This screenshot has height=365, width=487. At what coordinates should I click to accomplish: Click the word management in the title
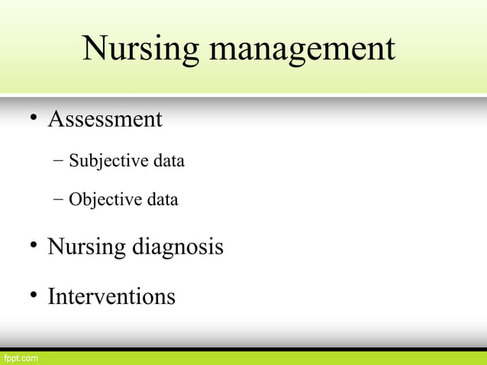tap(302, 50)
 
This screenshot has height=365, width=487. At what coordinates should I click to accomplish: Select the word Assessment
tap(105, 120)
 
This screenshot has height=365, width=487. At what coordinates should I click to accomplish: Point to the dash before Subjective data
tap(59, 161)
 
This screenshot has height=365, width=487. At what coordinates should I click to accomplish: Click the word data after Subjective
tap(169, 161)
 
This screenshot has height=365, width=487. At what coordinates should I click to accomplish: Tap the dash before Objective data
tap(59, 199)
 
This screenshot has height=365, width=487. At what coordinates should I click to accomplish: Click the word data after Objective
tap(163, 200)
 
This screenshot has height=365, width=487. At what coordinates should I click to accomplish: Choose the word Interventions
tap(111, 296)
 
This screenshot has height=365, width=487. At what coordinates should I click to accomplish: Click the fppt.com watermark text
tap(19, 357)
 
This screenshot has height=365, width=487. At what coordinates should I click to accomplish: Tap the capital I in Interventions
tap(51, 296)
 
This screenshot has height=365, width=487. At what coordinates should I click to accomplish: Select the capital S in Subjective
tap(73, 161)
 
